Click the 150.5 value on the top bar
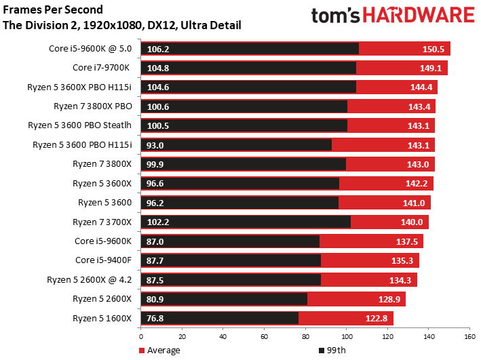coord(433,49)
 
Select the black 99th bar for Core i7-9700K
coord(248,68)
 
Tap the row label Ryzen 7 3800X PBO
coord(93,106)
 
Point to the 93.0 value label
coord(155,145)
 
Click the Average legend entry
coord(159,351)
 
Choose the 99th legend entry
coord(332,351)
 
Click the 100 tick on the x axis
coord(347,337)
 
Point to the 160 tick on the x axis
coord(469,337)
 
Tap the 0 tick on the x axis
coord(141,337)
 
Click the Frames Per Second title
coord(53,9)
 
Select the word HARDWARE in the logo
coord(419,15)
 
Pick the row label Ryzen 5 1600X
coord(102,318)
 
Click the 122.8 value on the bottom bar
coord(377,318)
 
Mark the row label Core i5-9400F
coord(103,260)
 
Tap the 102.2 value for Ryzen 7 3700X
coord(158,222)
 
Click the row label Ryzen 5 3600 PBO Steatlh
coord(80,125)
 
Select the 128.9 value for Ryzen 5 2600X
coord(389,299)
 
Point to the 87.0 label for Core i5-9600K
coord(155,241)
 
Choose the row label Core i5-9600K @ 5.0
coord(90,48)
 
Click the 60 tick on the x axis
coord(264,337)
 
